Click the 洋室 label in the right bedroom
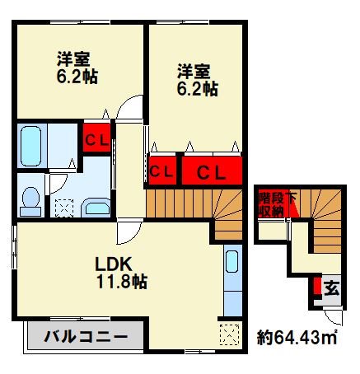pyautogui.click(x=192, y=70)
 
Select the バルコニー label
pyautogui.click(x=86, y=336)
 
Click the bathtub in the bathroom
pyautogui.click(x=30, y=146)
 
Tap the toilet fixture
pyautogui.click(x=30, y=199)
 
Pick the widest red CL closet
pyautogui.click(x=213, y=172)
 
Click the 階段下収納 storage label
pyautogui.click(x=271, y=203)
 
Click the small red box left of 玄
pyautogui.click(x=317, y=288)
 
